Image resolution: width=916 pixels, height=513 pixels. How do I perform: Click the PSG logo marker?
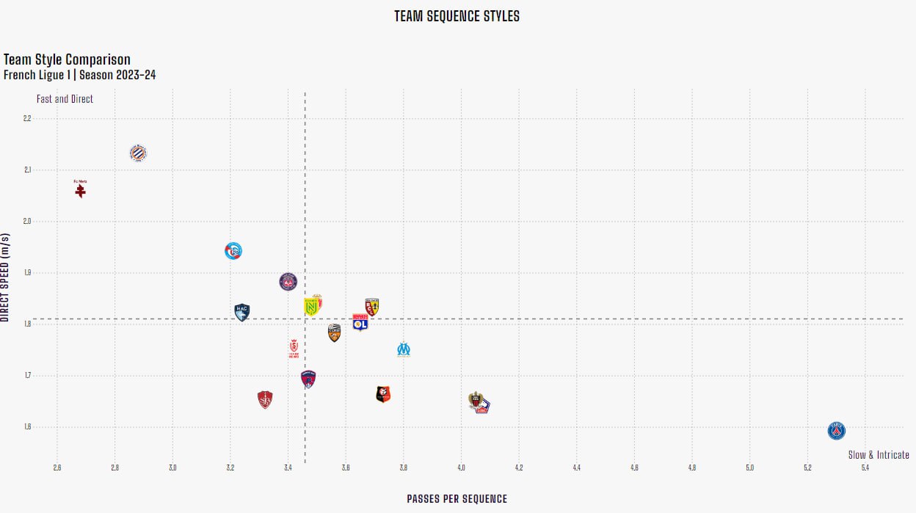click(x=836, y=431)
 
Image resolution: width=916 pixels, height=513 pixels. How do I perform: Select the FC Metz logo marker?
click(x=81, y=189)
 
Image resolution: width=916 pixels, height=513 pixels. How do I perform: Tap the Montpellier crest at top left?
click(x=138, y=153)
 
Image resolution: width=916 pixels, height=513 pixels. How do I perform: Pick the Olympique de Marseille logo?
click(x=404, y=349)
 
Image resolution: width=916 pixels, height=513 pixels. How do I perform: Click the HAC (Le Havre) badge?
click(x=242, y=312)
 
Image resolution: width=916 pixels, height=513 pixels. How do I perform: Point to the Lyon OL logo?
click(x=360, y=323)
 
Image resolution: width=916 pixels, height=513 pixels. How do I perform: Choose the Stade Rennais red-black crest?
click(x=383, y=395)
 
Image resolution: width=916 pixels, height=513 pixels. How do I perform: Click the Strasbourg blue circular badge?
click(x=233, y=251)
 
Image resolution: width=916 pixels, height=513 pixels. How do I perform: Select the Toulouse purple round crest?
click(x=288, y=281)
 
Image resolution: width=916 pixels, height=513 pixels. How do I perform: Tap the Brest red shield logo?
click(x=265, y=400)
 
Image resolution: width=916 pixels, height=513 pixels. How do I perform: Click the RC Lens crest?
click(x=372, y=307)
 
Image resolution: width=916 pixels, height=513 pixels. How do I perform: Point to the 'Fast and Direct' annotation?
click(x=65, y=99)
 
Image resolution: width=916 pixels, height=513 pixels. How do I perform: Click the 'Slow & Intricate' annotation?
click(x=879, y=455)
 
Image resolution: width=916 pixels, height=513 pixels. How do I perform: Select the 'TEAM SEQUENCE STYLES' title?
click(x=457, y=16)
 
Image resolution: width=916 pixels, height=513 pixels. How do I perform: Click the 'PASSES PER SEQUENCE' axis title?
click(x=457, y=499)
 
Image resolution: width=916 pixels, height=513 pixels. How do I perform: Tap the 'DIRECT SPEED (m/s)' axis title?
click(x=5, y=277)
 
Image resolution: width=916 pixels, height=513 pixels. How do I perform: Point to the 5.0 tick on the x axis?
click(x=749, y=467)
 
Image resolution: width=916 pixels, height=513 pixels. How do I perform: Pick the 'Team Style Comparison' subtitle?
click(x=67, y=60)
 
